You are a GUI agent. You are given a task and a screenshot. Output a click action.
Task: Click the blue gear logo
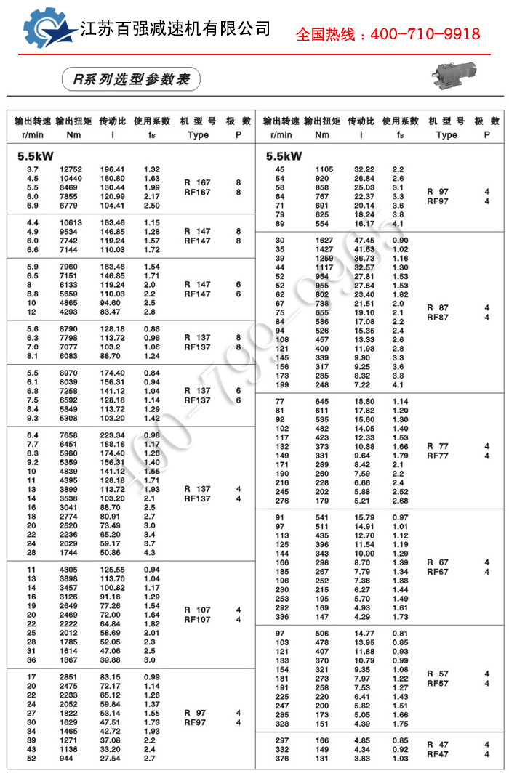tap(48, 30)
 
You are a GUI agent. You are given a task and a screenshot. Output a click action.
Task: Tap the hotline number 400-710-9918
tap(388, 33)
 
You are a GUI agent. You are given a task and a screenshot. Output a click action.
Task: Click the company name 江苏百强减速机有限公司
tap(175, 29)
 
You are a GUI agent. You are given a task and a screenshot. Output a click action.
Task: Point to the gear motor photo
tap(458, 73)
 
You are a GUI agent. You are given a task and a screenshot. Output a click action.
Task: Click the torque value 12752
tap(71, 169)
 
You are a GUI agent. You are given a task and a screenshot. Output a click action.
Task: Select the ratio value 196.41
tap(113, 169)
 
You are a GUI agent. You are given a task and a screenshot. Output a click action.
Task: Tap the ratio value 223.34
tap(113, 435)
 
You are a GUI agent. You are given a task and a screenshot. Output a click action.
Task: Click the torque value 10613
tap(71, 222)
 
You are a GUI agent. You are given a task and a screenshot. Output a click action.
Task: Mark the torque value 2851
tap(71, 677)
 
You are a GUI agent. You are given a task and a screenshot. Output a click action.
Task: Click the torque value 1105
tap(323, 169)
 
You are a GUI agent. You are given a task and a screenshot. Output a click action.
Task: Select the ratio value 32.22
tap(364, 169)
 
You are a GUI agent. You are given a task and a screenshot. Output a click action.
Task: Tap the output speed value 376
tap(280, 759)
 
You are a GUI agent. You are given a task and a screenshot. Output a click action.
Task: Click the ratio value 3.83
tap(364, 759)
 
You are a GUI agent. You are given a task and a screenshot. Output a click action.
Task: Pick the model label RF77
tap(438, 456)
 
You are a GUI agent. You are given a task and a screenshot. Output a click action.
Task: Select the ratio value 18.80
tap(364, 401)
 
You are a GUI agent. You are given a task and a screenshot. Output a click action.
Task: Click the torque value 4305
tap(71, 570)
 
